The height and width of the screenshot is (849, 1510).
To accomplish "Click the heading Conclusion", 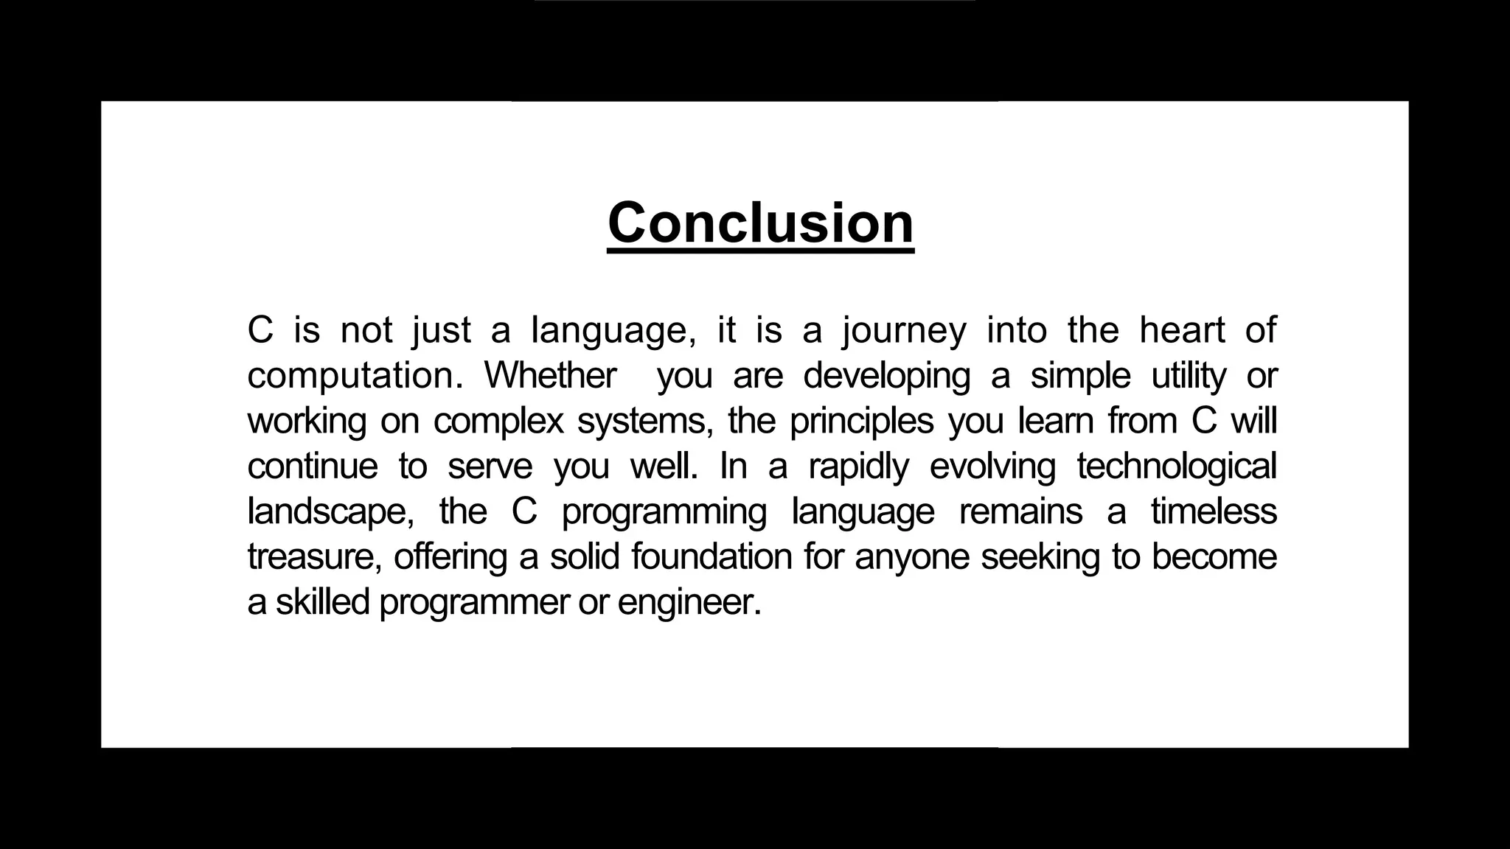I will tap(761, 223).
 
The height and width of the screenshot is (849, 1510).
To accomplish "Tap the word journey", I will tap(904, 331).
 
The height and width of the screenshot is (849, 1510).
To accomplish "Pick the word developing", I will tap(887, 376).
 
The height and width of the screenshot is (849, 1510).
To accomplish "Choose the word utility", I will tap(1189, 376).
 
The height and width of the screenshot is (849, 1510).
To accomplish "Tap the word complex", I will tap(498, 422).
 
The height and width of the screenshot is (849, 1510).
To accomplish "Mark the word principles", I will tap(862, 422).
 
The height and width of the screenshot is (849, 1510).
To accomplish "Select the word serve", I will tap(490, 466).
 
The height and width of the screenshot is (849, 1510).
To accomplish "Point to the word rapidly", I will tap(859, 467).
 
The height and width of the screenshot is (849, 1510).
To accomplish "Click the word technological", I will tap(1177, 467).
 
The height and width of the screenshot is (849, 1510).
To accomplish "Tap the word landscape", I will tap(330, 512).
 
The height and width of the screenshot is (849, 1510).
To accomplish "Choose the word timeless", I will tap(1214, 511).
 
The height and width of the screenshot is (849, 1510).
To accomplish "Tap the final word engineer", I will tap(689, 603).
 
